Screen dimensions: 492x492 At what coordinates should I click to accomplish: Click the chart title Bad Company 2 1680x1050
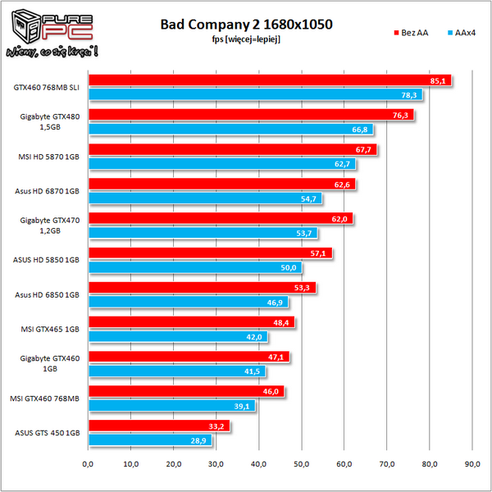(247, 25)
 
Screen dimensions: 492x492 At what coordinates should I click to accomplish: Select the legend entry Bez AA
(412, 33)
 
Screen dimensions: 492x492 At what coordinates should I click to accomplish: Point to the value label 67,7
(365, 150)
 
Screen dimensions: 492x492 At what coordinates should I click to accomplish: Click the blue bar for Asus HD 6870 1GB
(205, 198)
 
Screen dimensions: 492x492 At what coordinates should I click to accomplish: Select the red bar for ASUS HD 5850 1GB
(209, 253)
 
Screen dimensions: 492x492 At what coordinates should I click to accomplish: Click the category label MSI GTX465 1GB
(48, 329)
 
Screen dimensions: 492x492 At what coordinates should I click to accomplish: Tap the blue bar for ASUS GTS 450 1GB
(149, 440)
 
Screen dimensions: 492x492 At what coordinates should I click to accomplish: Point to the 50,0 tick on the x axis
(302, 464)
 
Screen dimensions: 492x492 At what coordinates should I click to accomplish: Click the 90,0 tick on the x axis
(472, 464)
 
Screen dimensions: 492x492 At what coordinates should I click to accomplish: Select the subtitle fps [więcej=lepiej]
(247, 39)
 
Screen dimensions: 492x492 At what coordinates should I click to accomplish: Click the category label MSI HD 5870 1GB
(48, 157)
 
